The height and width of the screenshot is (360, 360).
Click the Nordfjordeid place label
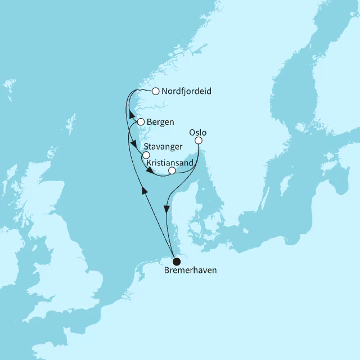(186, 91)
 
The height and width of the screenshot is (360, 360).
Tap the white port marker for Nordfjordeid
(156, 91)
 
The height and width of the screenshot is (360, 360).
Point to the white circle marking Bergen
(141, 121)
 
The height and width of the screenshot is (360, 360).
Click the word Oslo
(199, 133)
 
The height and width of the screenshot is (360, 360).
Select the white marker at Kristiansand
(172, 170)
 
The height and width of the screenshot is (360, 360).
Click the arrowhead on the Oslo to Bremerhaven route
(166, 209)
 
